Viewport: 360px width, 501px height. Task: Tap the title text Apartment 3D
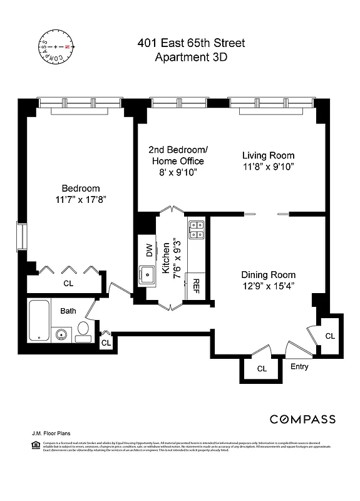(x=191, y=57)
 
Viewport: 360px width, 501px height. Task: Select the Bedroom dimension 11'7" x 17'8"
(x=80, y=200)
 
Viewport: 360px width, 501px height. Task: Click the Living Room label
(x=269, y=155)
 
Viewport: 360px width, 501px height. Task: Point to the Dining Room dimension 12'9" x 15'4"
(x=269, y=286)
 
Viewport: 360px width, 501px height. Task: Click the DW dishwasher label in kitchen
(x=149, y=250)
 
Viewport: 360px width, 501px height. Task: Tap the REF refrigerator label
(x=196, y=286)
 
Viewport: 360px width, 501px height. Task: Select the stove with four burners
(x=196, y=230)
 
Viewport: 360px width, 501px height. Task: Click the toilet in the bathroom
(x=83, y=331)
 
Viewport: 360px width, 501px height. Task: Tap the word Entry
(x=299, y=366)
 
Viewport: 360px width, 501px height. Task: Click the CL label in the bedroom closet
(x=68, y=282)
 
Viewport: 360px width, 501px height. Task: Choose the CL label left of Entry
(x=262, y=369)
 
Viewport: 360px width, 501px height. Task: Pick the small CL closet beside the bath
(x=106, y=343)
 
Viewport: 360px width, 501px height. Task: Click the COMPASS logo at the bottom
(x=302, y=419)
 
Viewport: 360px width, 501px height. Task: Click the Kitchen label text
(x=167, y=258)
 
